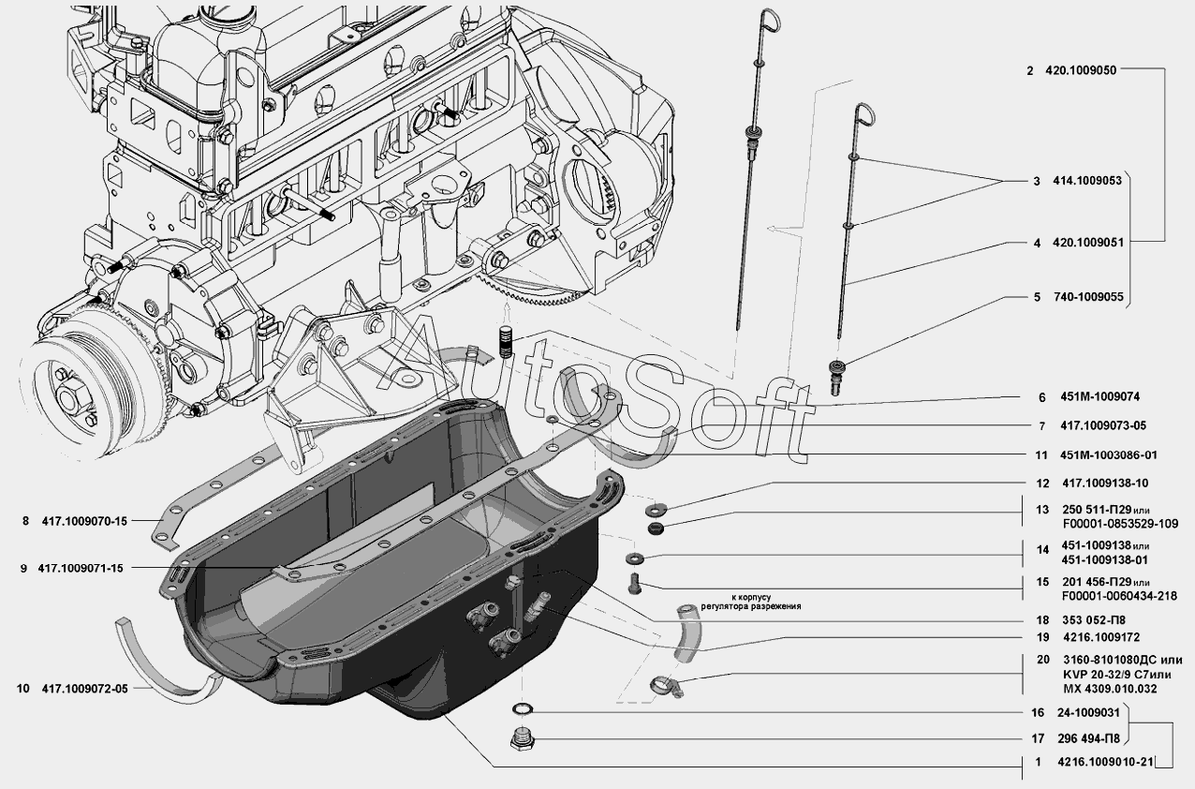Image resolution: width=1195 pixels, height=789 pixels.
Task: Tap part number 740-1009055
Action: click(1085, 297)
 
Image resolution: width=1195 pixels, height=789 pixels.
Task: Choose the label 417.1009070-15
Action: click(83, 522)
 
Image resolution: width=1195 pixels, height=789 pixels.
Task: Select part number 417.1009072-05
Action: click(83, 689)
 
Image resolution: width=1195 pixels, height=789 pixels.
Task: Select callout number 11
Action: click(1040, 454)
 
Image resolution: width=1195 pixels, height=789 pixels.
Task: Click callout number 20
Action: click(1041, 660)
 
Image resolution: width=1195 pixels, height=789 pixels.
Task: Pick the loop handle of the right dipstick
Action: click(864, 117)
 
